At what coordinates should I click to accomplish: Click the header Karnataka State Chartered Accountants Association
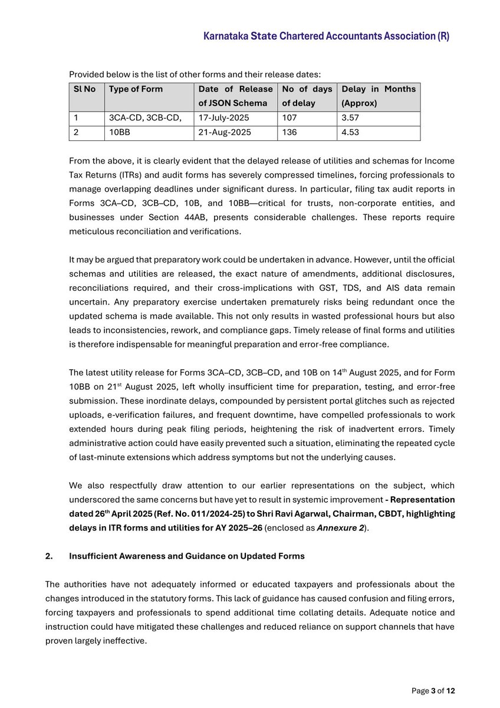[x=326, y=37]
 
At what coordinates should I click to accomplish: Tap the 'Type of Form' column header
[x=136, y=89]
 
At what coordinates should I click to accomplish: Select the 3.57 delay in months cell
[x=351, y=118]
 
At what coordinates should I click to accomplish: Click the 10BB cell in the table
[x=120, y=133]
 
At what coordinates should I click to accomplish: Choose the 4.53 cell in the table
[x=351, y=133]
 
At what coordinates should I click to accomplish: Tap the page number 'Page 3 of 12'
[x=433, y=691]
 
